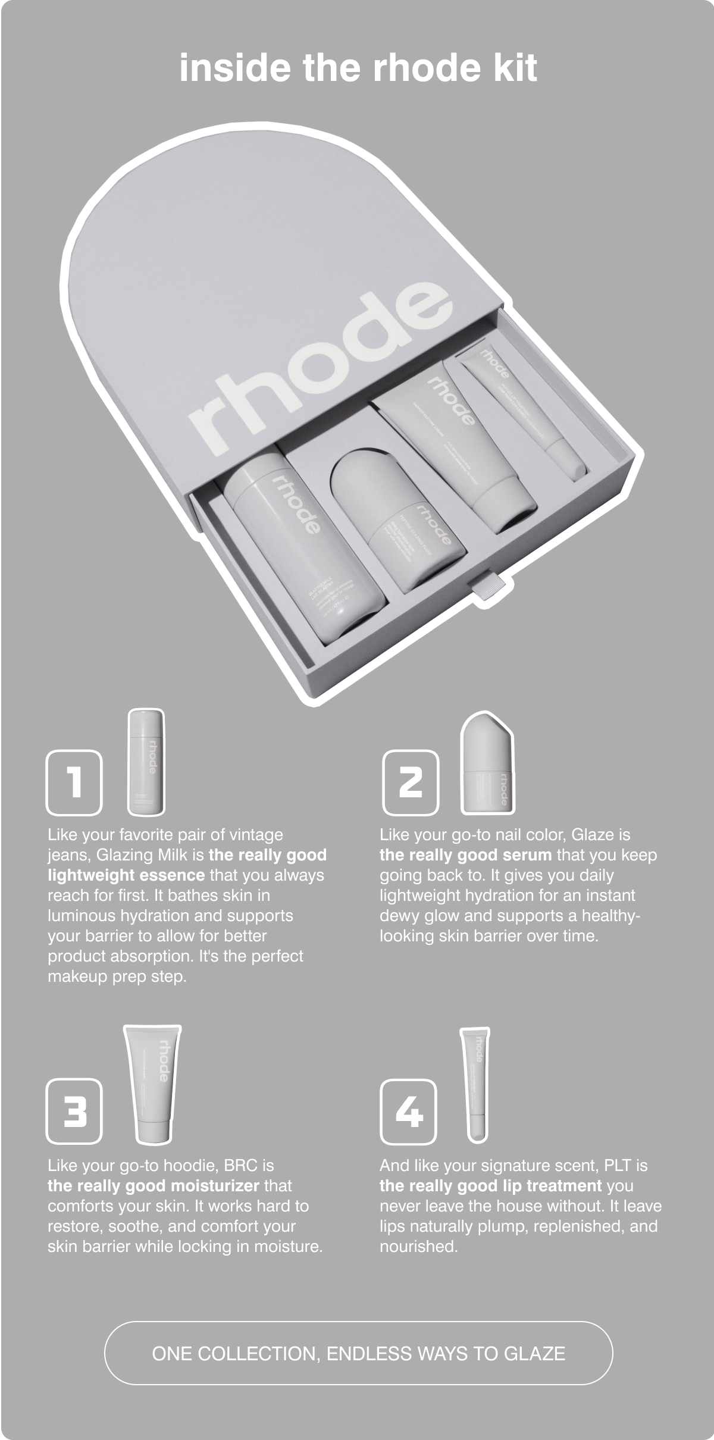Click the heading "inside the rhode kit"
point(358,68)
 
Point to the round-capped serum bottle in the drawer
point(397,518)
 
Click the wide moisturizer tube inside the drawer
point(459,446)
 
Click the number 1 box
point(74,782)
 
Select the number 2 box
point(410,782)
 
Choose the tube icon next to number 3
point(154,1084)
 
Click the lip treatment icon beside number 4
point(477,1084)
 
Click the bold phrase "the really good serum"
point(466,855)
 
